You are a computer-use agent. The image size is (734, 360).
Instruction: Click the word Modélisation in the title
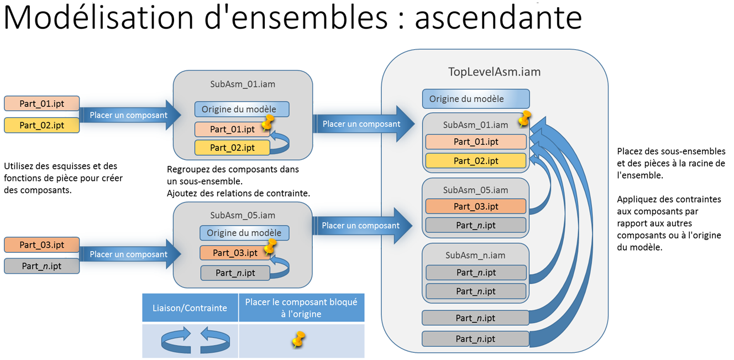coord(98,18)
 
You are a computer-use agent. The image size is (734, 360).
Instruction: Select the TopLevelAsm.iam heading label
coord(494,72)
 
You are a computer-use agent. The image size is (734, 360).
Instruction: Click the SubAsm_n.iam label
coord(475,255)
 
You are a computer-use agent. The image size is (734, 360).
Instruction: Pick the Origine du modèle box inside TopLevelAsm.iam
coord(475,99)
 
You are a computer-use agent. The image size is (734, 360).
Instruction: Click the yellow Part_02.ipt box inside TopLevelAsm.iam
coord(475,161)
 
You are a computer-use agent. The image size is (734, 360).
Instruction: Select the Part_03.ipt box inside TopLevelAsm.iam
coord(475,206)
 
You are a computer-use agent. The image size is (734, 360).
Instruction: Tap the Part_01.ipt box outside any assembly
coord(42,103)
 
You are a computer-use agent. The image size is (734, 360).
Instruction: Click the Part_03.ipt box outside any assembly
coord(42,245)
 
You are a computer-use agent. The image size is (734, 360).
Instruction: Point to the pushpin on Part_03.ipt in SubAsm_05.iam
coord(270,246)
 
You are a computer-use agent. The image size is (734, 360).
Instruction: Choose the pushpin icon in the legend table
coord(298,340)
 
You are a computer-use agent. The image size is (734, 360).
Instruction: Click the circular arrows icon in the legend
coord(190,340)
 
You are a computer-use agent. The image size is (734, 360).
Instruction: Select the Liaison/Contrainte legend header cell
coord(190,308)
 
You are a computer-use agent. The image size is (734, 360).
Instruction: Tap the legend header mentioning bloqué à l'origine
coord(301,308)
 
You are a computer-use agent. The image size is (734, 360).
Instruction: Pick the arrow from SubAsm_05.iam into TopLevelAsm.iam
coord(363,226)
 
